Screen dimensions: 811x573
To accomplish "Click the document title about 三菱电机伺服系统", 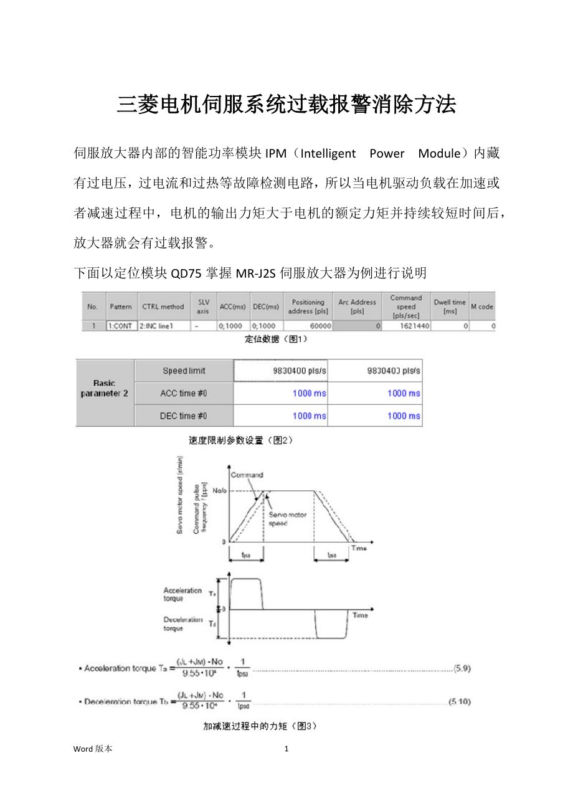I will click(286, 105).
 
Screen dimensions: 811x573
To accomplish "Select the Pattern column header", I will click(121, 306).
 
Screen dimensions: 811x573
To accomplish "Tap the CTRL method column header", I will click(163, 306).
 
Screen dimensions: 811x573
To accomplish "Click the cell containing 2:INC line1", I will click(157, 326).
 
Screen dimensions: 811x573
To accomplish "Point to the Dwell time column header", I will click(450, 306).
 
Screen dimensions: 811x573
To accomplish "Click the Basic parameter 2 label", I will click(105, 389).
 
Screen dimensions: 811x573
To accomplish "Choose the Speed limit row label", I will click(184, 371).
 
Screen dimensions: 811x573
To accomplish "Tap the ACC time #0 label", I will click(184, 393).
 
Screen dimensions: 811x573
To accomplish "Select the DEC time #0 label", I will click(184, 415).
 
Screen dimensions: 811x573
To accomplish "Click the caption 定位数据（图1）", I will click(275, 339).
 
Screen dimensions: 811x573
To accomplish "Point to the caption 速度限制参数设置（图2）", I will click(240, 440).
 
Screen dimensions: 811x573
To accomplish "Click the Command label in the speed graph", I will click(247, 475).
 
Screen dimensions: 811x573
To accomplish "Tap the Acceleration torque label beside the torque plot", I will click(182, 594).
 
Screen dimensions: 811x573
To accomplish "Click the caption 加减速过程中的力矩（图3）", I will click(260, 725).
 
